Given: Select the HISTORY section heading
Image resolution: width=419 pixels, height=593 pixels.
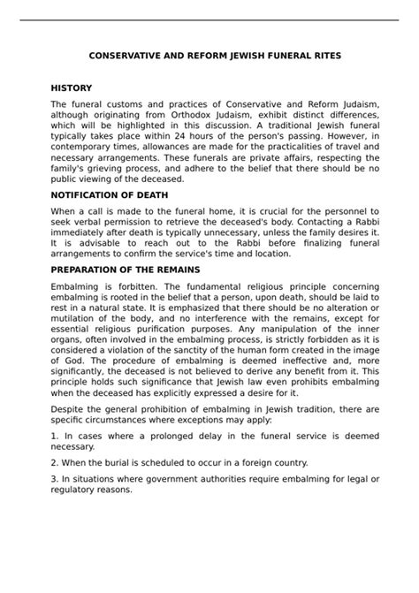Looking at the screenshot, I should point(71,89).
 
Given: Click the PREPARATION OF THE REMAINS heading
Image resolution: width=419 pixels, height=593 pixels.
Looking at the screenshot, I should point(126,269).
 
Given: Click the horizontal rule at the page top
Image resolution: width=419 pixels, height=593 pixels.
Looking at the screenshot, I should point(209,19).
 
